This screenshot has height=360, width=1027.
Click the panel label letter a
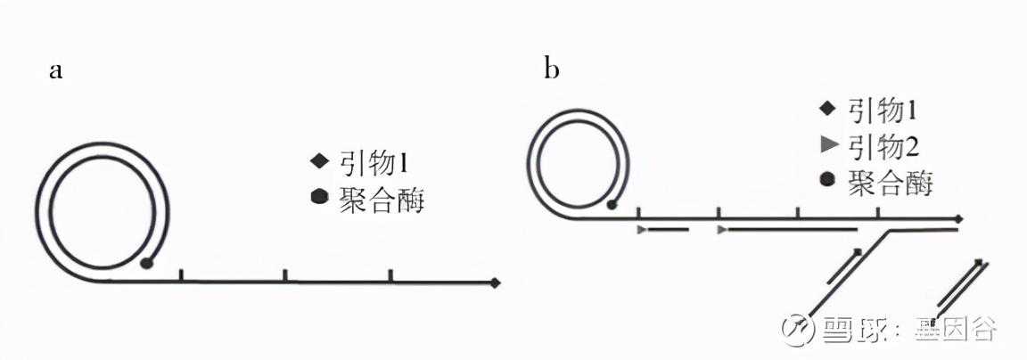pyautogui.click(x=55, y=70)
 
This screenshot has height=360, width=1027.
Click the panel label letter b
pyautogui.click(x=552, y=68)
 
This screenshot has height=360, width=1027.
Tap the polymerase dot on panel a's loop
pyautogui.click(x=147, y=263)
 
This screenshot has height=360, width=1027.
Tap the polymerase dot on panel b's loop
pyautogui.click(x=612, y=205)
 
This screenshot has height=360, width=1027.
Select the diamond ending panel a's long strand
pyautogui.click(x=495, y=282)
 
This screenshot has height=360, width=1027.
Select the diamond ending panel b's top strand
pyautogui.click(x=959, y=218)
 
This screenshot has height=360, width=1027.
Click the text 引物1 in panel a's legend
pyautogui.click(x=374, y=161)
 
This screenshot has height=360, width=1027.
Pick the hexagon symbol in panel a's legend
pyautogui.click(x=320, y=197)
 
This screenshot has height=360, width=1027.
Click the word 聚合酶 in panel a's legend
pyautogui.click(x=382, y=199)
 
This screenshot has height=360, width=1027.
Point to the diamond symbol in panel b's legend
pyautogui.click(x=828, y=109)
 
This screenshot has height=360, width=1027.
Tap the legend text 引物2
pyautogui.click(x=883, y=148)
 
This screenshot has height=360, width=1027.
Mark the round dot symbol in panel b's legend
pyautogui.click(x=828, y=181)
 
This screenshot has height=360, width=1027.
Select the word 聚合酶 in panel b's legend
pyautogui.click(x=890, y=184)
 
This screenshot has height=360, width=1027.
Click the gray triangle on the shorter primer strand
pyautogui.click(x=642, y=230)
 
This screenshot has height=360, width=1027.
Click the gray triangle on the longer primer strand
pyautogui.click(x=722, y=230)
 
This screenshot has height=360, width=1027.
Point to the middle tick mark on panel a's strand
pyautogui.click(x=285, y=275)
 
